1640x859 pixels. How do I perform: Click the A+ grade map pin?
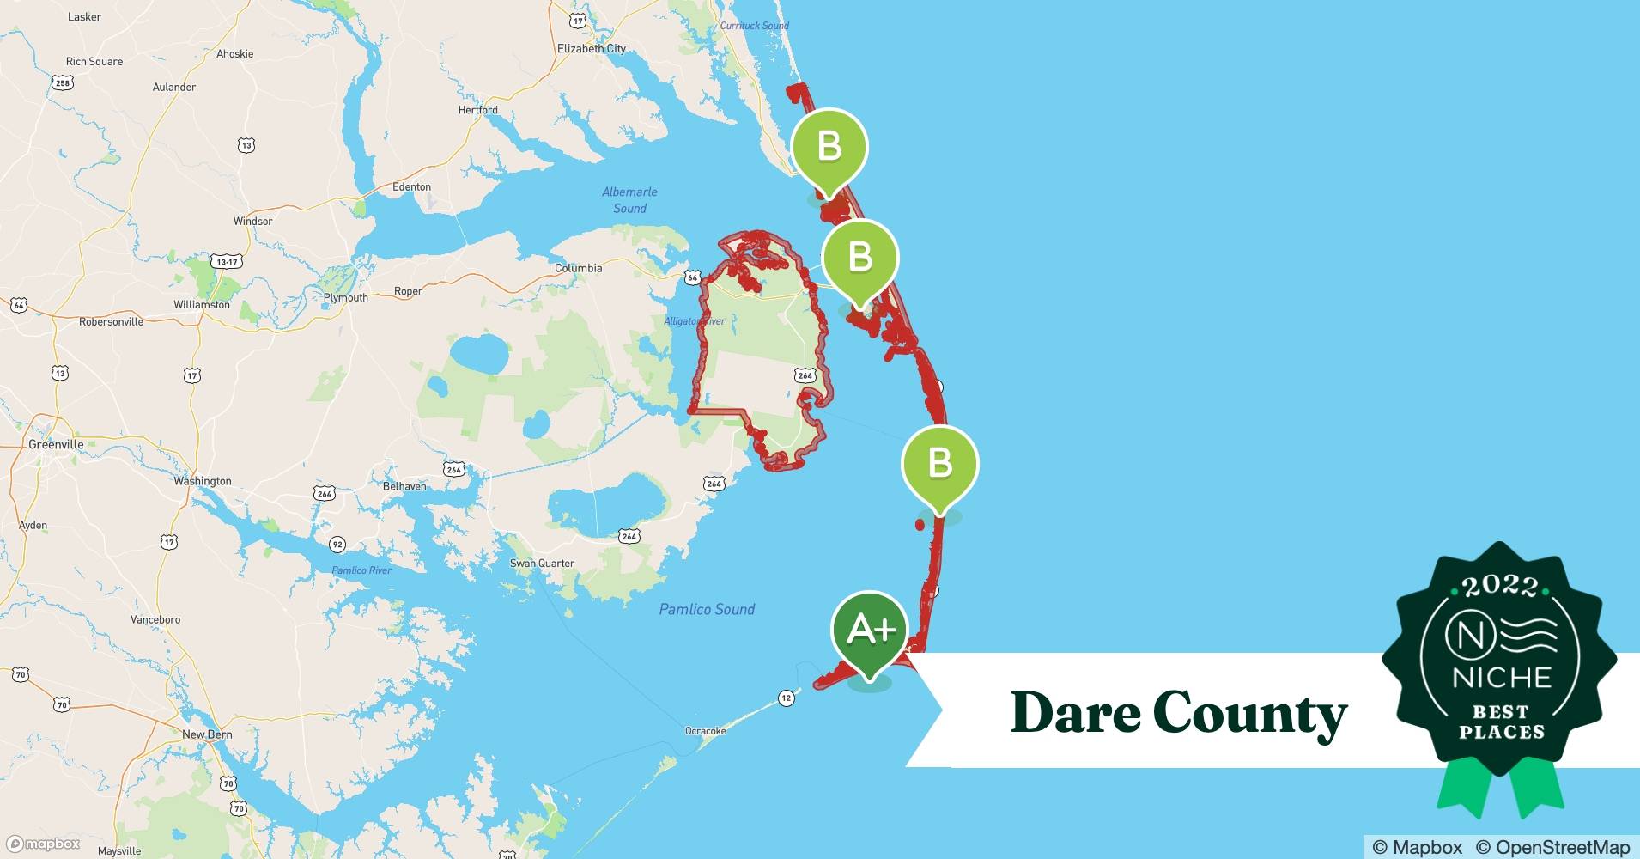click(x=869, y=632)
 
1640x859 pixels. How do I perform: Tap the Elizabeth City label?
click(x=592, y=49)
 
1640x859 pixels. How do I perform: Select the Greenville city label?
click(x=57, y=444)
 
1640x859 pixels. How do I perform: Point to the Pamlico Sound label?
click(x=707, y=609)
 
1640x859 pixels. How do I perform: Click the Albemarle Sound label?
click(x=629, y=200)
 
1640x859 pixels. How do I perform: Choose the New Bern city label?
click(x=207, y=734)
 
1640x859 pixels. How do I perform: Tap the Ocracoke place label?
click(x=705, y=731)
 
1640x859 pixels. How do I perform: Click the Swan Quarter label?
click(x=542, y=564)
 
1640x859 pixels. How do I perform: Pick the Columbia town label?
click(x=578, y=268)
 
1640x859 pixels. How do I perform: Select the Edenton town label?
click(x=411, y=186)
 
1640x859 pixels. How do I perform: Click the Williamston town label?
click(x=202, y=305)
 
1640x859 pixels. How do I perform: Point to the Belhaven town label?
click(x=404, y=486)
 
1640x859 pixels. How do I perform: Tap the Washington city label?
click(x=203, y=481)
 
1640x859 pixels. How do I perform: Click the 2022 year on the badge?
click(x=1499, y=586)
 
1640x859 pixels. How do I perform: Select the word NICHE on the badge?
click(x=1502, y=678)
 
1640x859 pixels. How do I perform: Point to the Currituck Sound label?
click(x=754, y=26)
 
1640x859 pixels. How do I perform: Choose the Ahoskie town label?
click(x=234, y=54)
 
